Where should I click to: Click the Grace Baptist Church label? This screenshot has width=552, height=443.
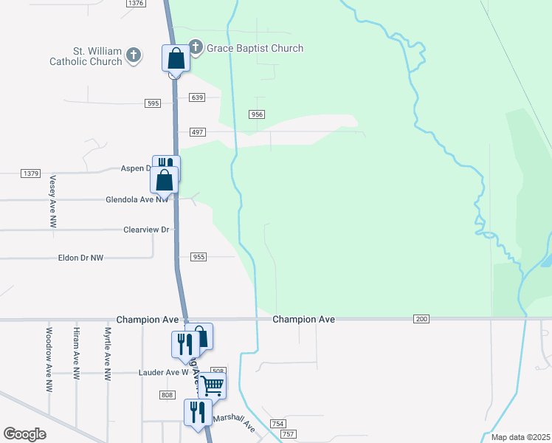255,49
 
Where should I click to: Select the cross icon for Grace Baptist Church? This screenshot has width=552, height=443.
196,48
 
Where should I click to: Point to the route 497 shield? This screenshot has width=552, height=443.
196,131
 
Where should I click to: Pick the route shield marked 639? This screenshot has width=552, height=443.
196,97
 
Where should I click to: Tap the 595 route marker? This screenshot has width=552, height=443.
153,103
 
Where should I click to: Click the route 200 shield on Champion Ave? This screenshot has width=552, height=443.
421,319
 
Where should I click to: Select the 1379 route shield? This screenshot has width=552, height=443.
30,174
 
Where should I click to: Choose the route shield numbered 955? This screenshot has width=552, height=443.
198,257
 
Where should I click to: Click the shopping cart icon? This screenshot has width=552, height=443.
213,384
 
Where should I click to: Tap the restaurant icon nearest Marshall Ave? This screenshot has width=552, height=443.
198,411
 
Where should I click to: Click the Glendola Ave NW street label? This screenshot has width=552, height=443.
137,199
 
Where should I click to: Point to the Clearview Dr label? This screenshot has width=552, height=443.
147,230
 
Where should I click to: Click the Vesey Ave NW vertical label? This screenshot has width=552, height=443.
52,201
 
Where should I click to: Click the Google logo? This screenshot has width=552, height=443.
24,434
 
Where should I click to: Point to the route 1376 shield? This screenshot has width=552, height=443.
135,4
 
